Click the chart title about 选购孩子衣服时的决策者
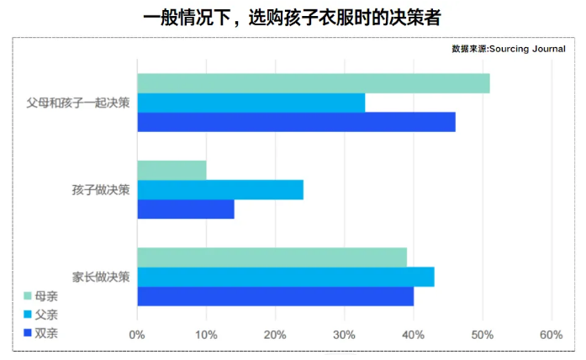293,18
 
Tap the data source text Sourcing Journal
508,49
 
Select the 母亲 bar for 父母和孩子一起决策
313,83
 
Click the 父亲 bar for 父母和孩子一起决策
251,103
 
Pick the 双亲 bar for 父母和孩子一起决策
296,122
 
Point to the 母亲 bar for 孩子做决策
172,170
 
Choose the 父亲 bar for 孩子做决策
219,189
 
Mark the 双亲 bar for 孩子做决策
185,209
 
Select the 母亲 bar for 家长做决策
272,257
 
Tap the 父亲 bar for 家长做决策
285,277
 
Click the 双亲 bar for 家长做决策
275,296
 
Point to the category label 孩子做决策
101,190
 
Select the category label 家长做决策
101,277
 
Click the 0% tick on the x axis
137,335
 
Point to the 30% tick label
344,335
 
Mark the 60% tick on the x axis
551,335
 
